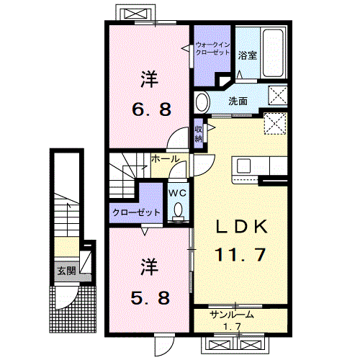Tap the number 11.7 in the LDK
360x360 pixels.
coord(242,253)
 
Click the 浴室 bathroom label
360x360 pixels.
coord(248,55)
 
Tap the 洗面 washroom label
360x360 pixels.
coord(238,102)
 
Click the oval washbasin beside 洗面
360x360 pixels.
coord(202,101)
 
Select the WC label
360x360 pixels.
coord(177,193)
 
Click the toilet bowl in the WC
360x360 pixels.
coord(178,210)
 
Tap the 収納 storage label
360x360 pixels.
coord(198,134)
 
